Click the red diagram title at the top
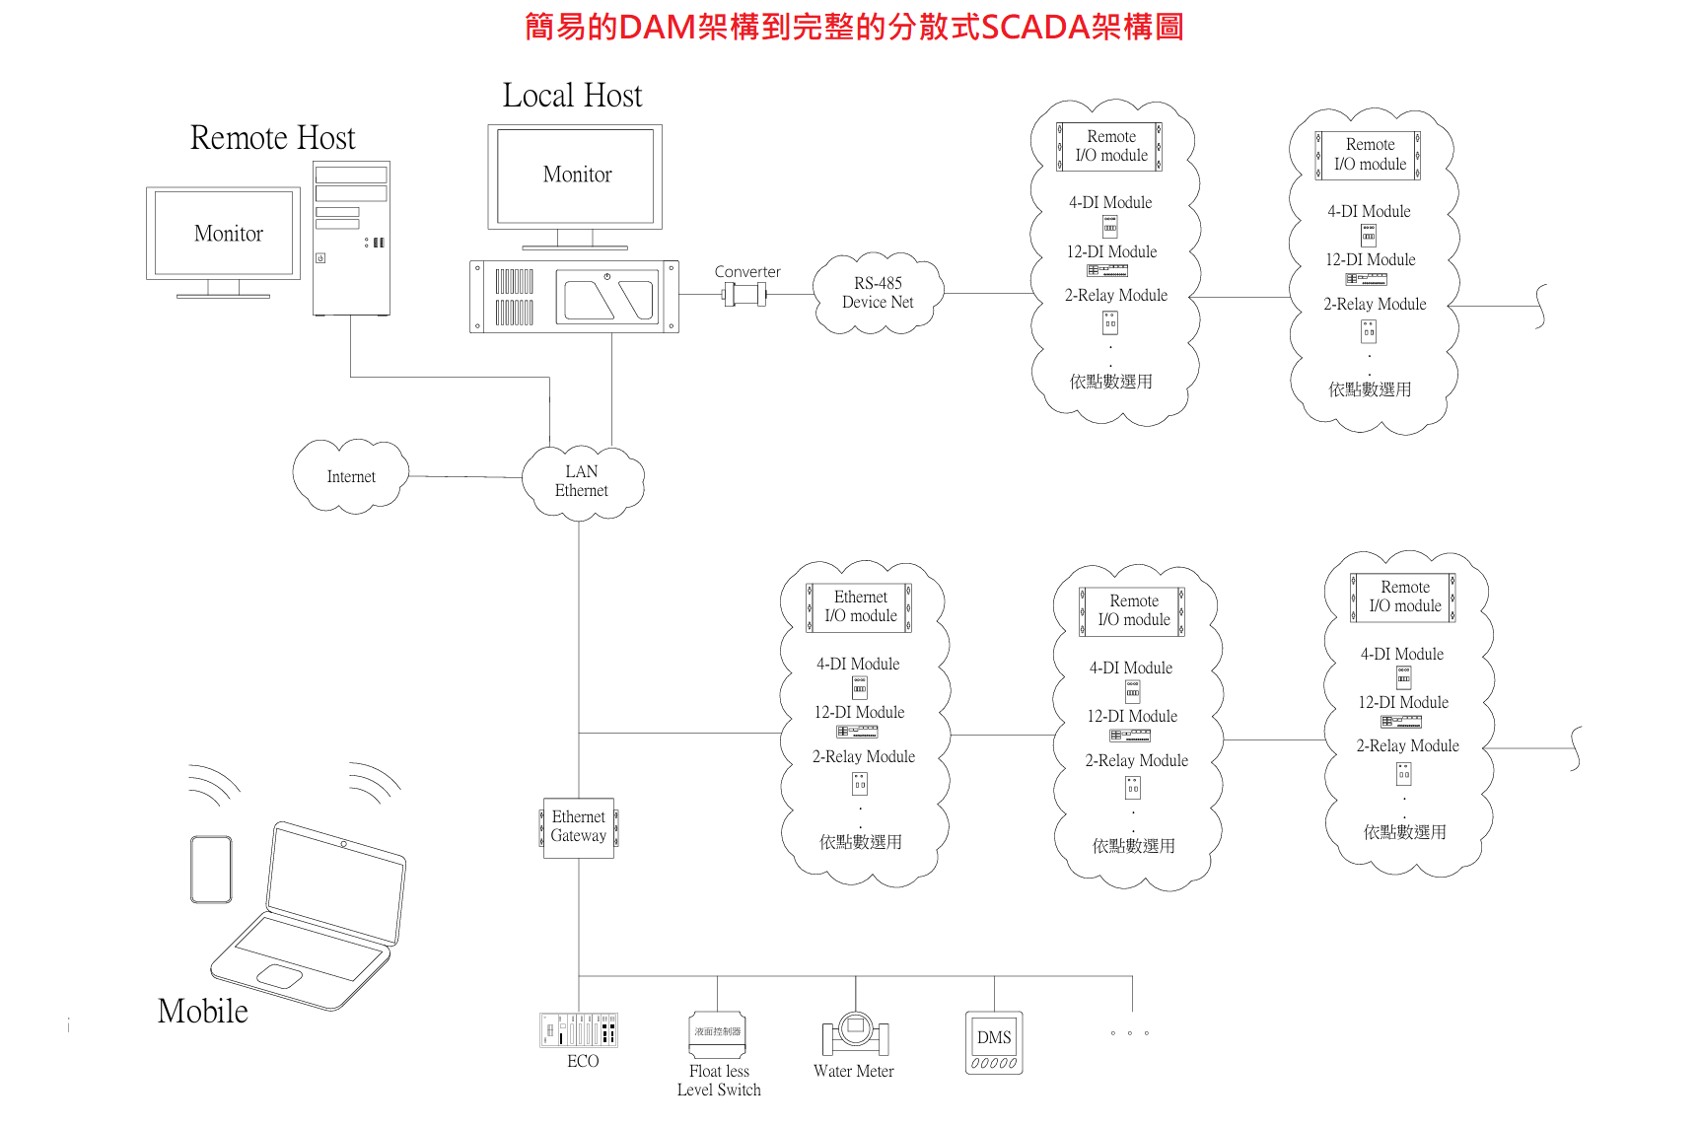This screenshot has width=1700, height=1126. [x=853, y=27]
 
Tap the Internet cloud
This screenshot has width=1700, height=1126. [x=351, y=477]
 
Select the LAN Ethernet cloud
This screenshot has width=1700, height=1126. [x=582, y=481]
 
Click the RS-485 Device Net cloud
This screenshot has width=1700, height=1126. [x=878, y=293]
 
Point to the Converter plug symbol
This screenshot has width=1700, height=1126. [x=744, y=294]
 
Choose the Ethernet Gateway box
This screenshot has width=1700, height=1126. [x=579, y=827]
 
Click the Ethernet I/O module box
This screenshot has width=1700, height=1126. [x=860, y=606]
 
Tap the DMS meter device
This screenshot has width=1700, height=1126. [x=994, y=1043]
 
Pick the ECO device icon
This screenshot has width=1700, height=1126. [x=579, y=1030]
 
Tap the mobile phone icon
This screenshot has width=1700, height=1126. [x=211, y=869]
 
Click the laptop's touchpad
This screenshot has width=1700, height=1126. [x=280, y=976]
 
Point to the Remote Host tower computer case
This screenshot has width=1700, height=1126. [x=351, y=238]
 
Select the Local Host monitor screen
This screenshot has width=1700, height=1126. [x=576, y=176]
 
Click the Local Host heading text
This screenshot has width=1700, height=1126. [x=572, y=96]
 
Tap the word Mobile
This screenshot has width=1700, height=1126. [x=203, y=1012]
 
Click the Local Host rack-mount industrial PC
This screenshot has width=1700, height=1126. [x=574, y=297]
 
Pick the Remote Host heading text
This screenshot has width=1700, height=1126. [x=272, y=138]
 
